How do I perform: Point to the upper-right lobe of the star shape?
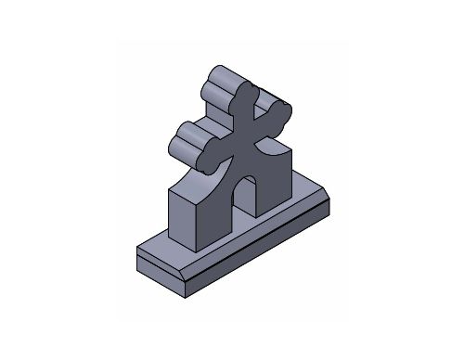coord(278,115)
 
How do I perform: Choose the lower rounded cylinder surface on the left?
coord(186,139)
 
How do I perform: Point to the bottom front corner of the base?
coord(189,296)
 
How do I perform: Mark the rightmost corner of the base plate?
coord(331,198)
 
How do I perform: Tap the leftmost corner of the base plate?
coord(136,249)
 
